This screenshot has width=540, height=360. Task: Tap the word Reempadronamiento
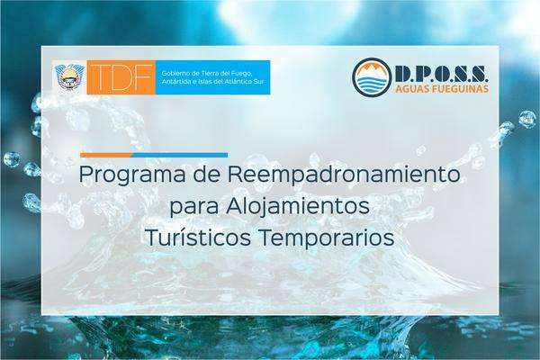[343, 174]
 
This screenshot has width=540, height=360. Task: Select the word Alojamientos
[298, 207]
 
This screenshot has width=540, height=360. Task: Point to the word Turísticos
[198, 237]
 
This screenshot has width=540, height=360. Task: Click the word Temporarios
[327, 237]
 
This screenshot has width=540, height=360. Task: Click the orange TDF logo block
[121, 77]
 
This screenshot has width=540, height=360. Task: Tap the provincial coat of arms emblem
[69, 78]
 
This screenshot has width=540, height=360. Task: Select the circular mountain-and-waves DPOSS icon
[372, 77]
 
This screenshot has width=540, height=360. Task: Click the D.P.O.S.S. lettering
[441, 74]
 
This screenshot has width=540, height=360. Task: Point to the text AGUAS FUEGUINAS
[442, 88]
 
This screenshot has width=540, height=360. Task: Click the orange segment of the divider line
[105, 155]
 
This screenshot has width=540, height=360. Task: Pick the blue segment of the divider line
[179, 155]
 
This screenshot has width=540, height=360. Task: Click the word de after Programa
[206, 174]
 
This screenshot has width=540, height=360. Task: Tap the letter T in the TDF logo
[101, 77]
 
